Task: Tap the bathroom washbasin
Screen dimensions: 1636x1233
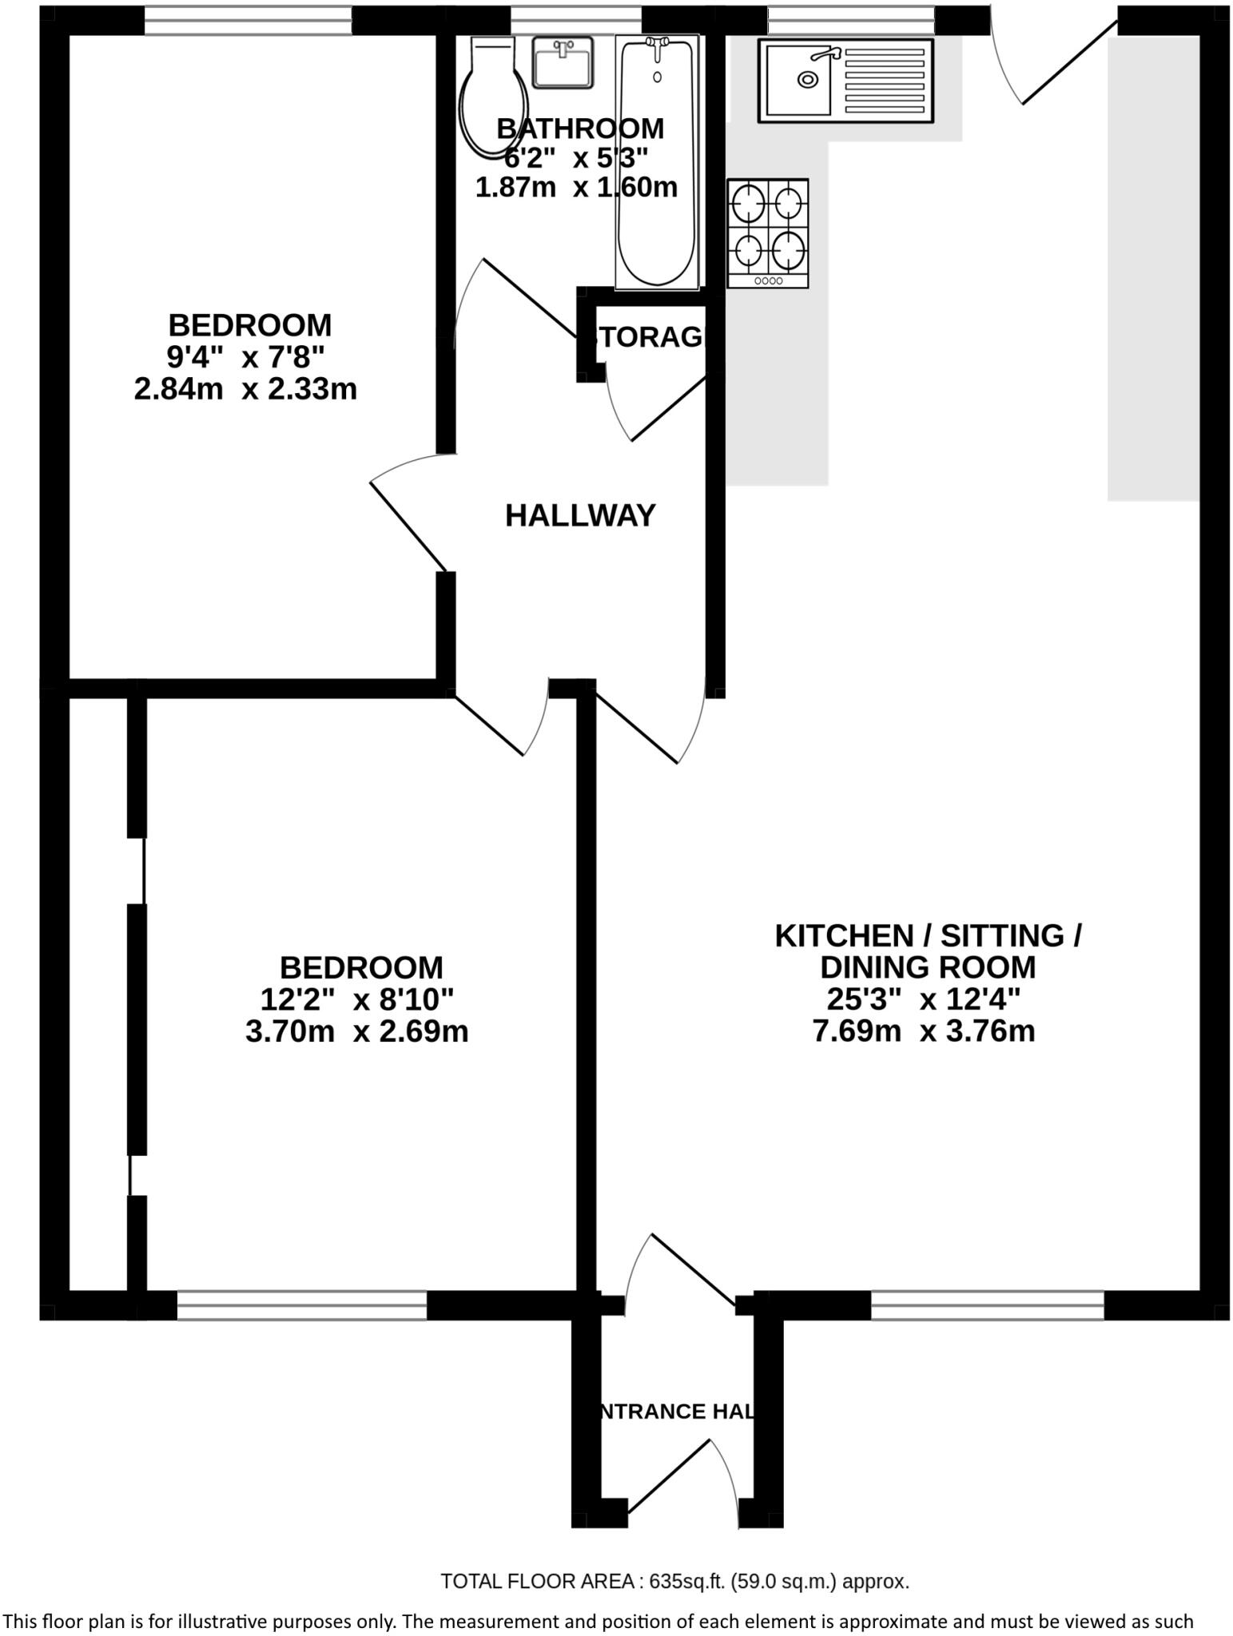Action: point(563,62)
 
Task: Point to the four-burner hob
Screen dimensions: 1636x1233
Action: point(767,232)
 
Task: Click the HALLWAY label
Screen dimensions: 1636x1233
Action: point(580,516)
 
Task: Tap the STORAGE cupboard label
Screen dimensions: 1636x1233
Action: point(649,338)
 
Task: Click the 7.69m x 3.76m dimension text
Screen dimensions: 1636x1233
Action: point(924,1031)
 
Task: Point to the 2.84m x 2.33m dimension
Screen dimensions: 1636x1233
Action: point(245,390)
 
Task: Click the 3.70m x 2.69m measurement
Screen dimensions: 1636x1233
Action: point(356,1031)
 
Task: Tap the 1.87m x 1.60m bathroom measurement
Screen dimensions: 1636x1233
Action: point(576,188)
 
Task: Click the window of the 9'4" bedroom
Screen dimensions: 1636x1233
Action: point(248,22)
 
